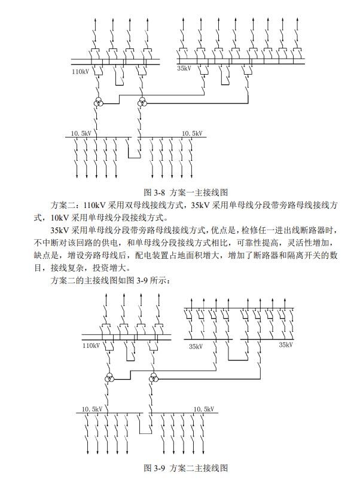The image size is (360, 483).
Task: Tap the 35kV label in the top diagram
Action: pos(184,69)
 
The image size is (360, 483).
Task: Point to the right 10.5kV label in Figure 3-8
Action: pos(192,133)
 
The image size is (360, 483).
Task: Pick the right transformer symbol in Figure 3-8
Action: pos(142,103)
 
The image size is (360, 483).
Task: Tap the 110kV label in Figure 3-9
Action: pos(91,346)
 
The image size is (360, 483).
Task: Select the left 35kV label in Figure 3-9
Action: pos(196,346)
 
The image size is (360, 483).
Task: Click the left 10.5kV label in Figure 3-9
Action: pos(92,409)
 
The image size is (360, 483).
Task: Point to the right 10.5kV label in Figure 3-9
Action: pos(203,409)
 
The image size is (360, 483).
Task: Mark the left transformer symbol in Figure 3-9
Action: pos(109,379)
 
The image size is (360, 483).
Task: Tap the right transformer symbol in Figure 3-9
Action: pos(154,379)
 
